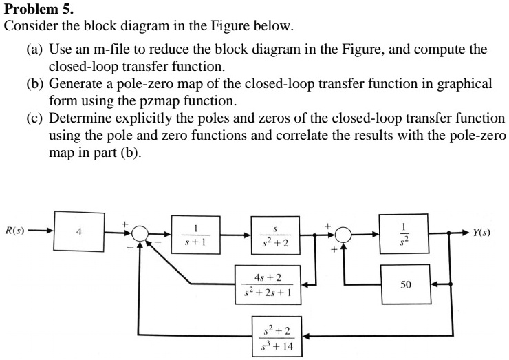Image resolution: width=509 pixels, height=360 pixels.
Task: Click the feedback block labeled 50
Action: coord(407,283)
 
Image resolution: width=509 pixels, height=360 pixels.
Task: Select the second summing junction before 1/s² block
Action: coord(344,233)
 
